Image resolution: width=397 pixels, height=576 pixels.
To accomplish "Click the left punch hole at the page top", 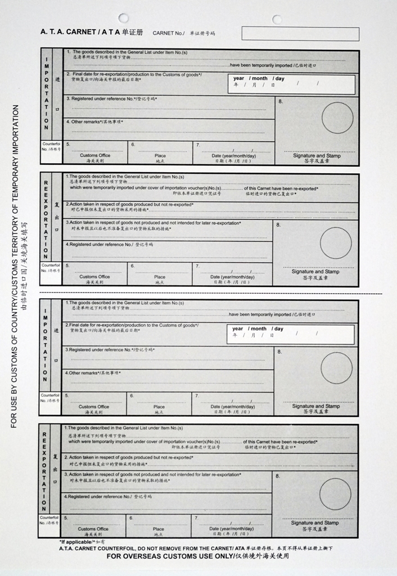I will point(123,18).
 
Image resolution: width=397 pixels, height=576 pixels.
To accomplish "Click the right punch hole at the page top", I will point(277,20).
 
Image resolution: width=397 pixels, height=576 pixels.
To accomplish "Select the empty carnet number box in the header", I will point(300,34).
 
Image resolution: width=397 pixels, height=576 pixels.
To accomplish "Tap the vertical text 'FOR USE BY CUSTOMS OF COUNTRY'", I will point(15,264).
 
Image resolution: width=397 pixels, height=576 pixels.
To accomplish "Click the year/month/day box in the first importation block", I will point(291,84).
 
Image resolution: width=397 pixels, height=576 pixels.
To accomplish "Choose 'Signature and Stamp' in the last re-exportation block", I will point(315,523).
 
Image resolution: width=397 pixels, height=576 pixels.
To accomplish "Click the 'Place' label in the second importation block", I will point(160,407).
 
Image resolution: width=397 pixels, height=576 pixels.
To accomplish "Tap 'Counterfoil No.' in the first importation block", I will point(51,147).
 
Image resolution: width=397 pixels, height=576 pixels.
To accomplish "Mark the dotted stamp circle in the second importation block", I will point(336,368).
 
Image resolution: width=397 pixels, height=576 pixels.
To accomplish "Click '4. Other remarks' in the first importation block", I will point(94,121).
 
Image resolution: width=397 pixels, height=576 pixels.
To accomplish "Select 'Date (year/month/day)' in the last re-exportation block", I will point(232,529).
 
